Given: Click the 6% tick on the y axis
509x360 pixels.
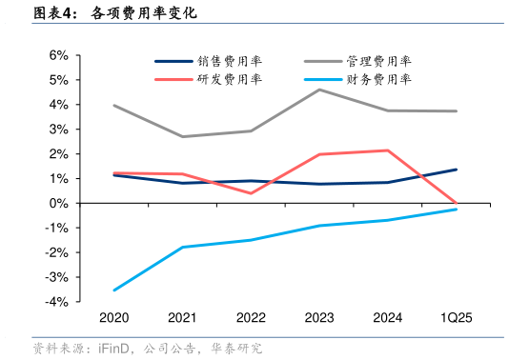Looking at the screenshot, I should tap(57, 55).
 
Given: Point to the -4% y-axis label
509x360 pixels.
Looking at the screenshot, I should tap(55, 302).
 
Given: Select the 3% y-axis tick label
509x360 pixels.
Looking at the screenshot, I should tap(57, 130).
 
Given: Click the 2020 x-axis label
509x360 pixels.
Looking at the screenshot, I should tap(113, 318).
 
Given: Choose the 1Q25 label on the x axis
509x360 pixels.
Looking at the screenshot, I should tap(456, 318).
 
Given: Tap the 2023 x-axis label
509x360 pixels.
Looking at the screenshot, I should tap(318, 318).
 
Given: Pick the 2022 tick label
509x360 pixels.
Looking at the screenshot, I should tap(251, 318).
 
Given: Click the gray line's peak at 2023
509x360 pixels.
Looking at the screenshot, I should tap(318, 90).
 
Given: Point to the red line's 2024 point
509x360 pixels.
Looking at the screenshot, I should tap(387, 150).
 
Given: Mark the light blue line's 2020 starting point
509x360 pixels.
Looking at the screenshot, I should tap(113, 290).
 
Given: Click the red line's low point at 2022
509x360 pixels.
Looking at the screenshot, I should tap(251, 193).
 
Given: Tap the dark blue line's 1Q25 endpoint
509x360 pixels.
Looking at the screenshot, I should tap(456, 170).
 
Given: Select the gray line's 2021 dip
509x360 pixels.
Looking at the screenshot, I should tap(182, 136).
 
